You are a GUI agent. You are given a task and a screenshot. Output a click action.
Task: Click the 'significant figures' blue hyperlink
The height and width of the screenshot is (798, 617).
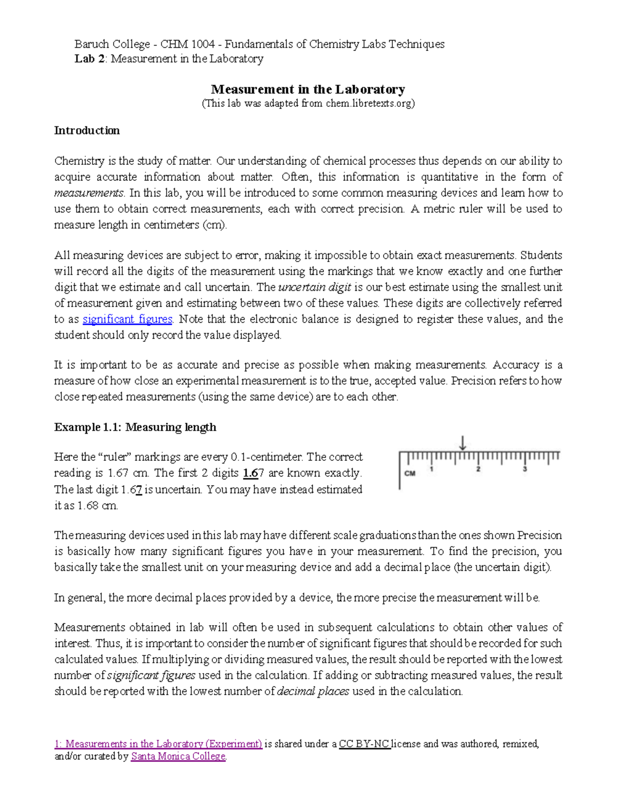(x=127, y=319)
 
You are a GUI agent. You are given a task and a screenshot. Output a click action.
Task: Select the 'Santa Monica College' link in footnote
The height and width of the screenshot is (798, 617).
(x=178, y=756)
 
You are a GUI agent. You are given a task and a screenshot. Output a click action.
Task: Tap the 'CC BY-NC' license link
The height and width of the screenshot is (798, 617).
(x=365, y=744)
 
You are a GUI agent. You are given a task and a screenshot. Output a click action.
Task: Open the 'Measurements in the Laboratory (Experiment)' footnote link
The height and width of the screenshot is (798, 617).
(x=158, y=744)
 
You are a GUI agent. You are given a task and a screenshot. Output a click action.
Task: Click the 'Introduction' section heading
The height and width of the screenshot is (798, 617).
(x=87, y=131)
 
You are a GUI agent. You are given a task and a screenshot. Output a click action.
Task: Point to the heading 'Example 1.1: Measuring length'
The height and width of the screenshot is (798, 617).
(x=135, y=428)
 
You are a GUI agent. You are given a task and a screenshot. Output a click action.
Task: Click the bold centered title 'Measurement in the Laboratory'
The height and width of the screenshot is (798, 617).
(x=308, y=89)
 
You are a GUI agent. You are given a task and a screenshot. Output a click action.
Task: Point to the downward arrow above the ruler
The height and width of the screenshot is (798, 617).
(x=463, y=443)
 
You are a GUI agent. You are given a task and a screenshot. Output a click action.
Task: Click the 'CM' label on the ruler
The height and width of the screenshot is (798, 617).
(x=410, y=473)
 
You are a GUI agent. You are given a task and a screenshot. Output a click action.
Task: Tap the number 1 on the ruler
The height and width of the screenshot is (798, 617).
(x=431, y=469)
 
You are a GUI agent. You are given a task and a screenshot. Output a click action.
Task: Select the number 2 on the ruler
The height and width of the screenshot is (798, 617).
(x=478, y=469)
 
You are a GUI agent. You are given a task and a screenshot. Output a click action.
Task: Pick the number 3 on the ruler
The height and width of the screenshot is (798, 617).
(x=524, y=469)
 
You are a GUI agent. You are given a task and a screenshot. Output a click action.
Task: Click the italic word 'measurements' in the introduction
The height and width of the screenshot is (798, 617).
(x=88, y=193)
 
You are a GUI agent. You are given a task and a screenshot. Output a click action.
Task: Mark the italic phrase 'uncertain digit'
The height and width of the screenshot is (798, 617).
(x=315, y=287)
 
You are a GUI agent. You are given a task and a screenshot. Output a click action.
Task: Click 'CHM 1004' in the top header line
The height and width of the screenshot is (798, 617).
(x=187, y=44)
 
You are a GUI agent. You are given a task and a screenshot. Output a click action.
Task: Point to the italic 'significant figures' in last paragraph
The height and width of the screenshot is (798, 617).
(x=151, y=676)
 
